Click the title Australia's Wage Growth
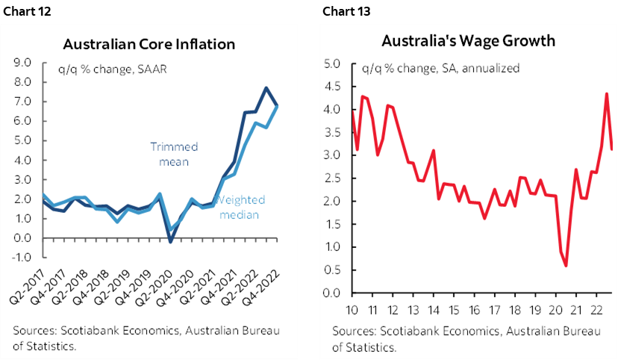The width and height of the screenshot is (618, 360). [469, 40]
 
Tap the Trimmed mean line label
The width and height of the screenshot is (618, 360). [169, 153]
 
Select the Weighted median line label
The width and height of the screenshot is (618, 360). [240, 208]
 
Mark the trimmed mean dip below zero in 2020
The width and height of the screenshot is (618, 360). [171, 241]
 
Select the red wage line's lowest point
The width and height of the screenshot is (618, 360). [566, 266]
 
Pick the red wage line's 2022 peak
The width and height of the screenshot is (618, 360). [606, 94]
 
